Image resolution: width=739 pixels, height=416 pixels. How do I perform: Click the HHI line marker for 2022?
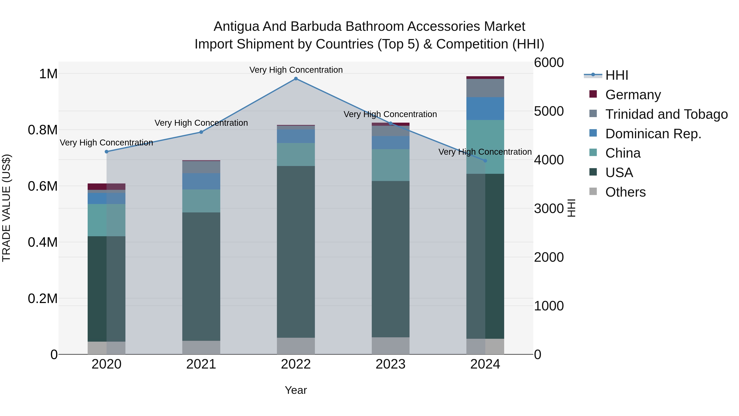(x=296, y=79)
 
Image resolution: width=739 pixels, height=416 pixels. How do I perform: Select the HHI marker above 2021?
(x=201, y=132)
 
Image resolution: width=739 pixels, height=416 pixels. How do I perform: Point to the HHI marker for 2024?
(x=485, y=161)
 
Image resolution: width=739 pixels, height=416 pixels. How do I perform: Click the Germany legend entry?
(x=633, y=94)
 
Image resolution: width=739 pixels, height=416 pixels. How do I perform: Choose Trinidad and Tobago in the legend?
(x=666, y=114)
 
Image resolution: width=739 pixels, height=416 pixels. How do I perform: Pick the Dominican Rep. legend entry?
(x=653, y=134)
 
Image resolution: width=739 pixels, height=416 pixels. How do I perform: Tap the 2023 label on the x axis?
(x=390, y=364)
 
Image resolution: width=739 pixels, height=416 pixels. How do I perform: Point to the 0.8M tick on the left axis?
(x=43, y=130)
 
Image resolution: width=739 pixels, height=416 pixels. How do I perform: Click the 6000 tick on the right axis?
(x=549, y=63)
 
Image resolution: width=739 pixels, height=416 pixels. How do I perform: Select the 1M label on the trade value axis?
(x=48, y=74)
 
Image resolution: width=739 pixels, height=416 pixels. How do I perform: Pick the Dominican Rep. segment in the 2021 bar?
(x=201, y=181)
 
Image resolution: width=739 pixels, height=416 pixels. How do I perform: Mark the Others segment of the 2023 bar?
(x=390, y=346)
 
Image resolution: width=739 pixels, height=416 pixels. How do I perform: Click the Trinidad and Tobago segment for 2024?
(x=485, y=88)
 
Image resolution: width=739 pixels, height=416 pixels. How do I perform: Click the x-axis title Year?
(x=296, y=390)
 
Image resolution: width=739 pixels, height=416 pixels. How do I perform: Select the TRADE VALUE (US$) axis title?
(x=6, y=208)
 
